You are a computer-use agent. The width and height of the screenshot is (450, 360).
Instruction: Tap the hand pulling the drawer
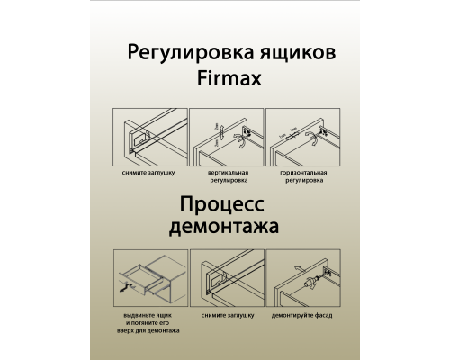click(124, 288)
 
